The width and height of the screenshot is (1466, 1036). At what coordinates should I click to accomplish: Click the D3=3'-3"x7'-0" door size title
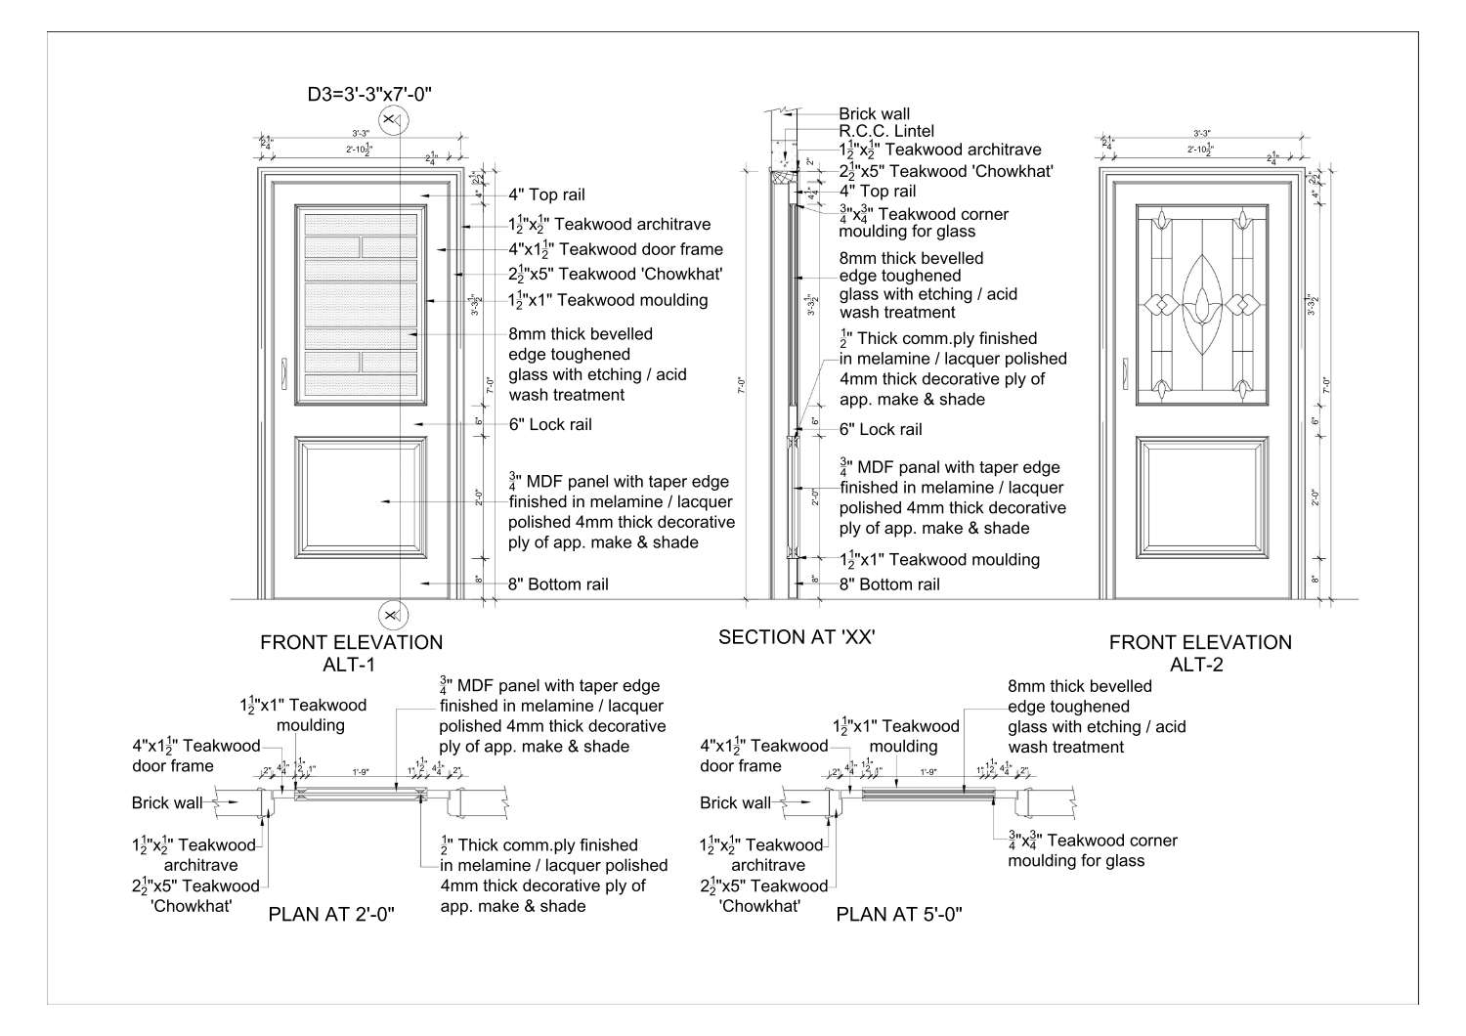[x=368, y=94]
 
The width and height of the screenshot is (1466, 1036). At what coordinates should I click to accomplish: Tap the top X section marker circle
[x=392, y=121]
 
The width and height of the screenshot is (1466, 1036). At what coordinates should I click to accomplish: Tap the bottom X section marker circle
[x=392, y=615]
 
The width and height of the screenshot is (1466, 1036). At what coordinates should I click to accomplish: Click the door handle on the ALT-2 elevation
[x=1124, y=372]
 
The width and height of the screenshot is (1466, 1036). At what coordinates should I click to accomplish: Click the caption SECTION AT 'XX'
[x=796, y=637]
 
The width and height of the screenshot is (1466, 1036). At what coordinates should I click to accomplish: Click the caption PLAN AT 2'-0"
[x=330, y=915]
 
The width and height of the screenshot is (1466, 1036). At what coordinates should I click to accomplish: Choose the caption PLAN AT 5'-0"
[x=899, y=915]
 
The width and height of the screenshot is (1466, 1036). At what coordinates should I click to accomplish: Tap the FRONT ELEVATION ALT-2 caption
[x=1199, y=653]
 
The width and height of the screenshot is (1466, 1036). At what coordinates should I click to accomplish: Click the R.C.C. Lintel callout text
[x=885, y=131]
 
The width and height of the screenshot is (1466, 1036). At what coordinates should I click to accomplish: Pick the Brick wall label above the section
[x=874, y=113]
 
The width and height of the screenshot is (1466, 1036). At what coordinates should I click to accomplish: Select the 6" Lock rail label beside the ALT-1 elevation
[x=549, y=424]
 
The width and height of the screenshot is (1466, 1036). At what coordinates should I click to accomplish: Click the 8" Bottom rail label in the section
[x=889, y=583]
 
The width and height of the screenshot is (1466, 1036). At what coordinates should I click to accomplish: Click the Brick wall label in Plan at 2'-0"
[x=167, y=802]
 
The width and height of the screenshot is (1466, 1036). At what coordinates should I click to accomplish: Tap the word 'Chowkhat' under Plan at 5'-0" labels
[x=759, y=906]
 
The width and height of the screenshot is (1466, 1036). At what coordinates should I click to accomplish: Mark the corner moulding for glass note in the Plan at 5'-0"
[x=1092, y=850]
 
